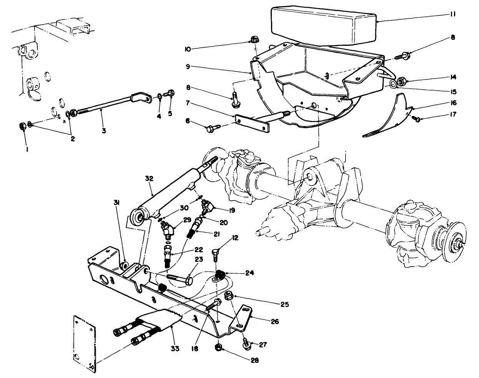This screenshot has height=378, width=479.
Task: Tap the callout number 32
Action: (x=149, y=179)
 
